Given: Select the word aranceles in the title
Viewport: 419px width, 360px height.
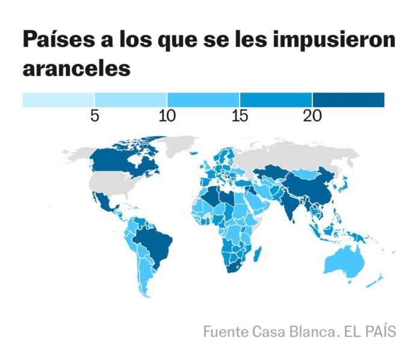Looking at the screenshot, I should [76, 67].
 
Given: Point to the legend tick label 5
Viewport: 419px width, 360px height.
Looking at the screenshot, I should [95, 116].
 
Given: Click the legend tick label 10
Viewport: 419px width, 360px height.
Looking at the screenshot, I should [167, 116].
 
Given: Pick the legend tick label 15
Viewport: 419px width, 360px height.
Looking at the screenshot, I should [240, 116].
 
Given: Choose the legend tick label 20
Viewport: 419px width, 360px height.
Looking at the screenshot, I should [312, 116].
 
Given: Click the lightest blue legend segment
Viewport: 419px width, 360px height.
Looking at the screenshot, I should [58, 99].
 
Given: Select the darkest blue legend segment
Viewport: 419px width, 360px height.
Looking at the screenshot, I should [348, 99].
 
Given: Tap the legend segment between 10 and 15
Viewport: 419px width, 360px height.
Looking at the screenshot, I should [203, 99].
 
